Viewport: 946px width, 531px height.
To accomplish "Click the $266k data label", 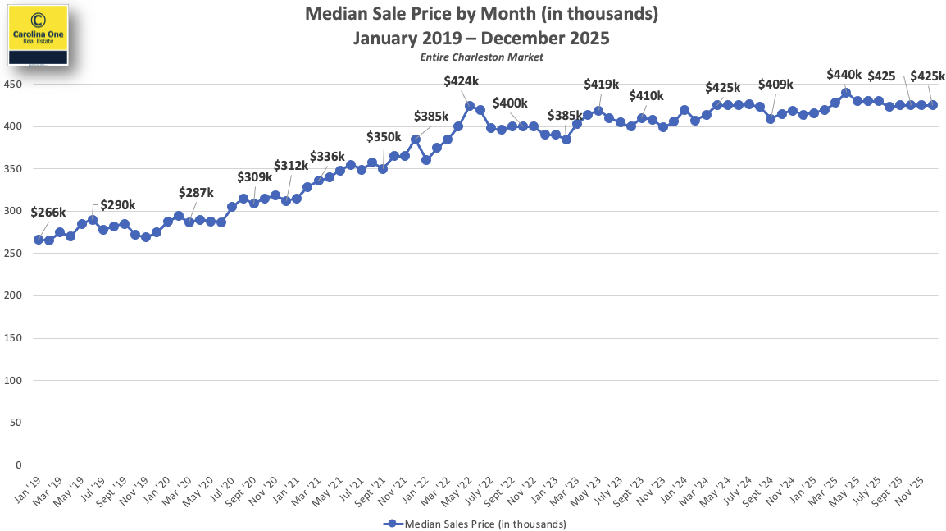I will pos(48,213).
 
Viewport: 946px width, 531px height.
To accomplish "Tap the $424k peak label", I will pos(462,81).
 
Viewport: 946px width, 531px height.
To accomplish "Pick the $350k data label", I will pos(384,137).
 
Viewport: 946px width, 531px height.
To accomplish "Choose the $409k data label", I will pos(775,85).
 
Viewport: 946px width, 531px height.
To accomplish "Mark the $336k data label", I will pos(327,158).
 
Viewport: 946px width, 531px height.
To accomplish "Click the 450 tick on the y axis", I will pos(13,85).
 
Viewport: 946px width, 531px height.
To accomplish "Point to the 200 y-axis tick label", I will pos(13,295).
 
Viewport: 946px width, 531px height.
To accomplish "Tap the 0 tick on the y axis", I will pos(18,465).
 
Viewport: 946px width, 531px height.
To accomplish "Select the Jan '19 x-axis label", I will pos(26,489).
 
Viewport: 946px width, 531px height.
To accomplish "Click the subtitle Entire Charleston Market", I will pos(481,57).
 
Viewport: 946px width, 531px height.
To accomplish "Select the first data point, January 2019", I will pos(39,240).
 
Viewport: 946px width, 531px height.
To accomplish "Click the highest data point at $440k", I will pos(845,93).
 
